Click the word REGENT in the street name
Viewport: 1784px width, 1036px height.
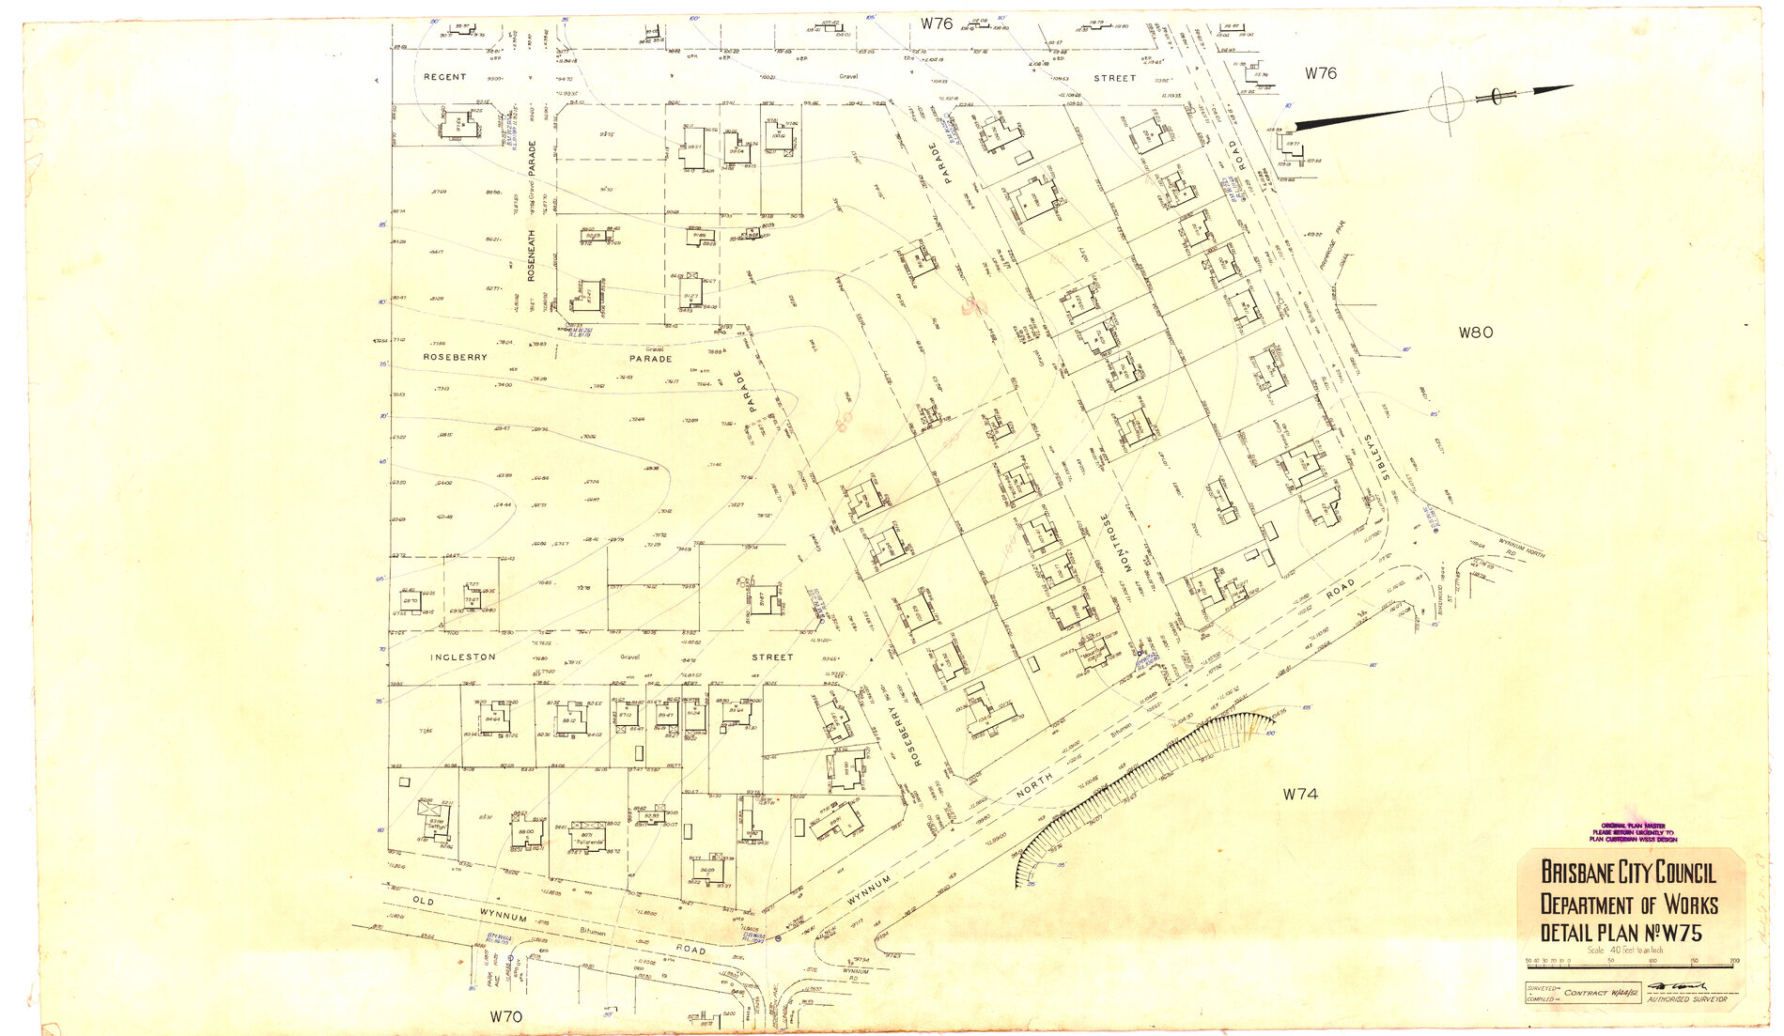coord(444,77)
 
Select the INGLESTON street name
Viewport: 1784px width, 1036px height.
coord(463,657)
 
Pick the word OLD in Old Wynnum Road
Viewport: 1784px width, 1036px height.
coord(424,902)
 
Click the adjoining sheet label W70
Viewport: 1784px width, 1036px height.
coord(505,1016)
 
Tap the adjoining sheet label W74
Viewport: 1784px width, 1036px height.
coord(1300,795)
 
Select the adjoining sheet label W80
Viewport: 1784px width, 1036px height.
coord(1475,332)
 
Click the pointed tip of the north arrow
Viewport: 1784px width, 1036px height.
coord(1571,86)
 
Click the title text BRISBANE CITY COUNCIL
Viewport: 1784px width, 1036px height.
coord(1627,873)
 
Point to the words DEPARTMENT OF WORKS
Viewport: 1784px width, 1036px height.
coord(1628,905)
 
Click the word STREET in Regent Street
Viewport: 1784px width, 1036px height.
coord(1115,79)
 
